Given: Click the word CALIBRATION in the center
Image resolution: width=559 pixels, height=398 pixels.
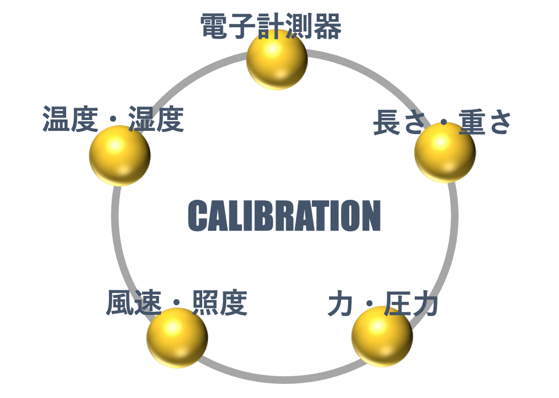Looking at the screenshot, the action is tap(284, 216).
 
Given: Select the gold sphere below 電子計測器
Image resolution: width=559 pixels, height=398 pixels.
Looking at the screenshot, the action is tap(277, 59).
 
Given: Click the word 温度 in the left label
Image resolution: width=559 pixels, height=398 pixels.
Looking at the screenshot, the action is tap(70, 119).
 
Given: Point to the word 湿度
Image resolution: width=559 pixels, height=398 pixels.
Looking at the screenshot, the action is tap(156, 119).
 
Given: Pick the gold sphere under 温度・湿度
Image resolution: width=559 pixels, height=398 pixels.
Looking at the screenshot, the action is tap(120, 156).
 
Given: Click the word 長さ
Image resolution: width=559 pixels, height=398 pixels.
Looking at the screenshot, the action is tap(399, 122).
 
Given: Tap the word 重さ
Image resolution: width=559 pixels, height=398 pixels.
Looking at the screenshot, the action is tap(485, 122).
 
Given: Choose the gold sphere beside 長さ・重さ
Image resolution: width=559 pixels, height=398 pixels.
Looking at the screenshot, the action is tap(445, 153).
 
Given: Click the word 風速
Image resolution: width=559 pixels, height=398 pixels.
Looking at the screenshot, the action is tap(134, 302).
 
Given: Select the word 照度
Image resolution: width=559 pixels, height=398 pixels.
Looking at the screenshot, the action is tap(220, 302).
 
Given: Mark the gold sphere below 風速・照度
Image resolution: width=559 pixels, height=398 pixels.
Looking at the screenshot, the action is tap(177, 338).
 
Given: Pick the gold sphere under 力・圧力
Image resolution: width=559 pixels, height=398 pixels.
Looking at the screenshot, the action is tap(382, 336).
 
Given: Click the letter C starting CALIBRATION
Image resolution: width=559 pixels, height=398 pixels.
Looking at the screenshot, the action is tap(197, 216).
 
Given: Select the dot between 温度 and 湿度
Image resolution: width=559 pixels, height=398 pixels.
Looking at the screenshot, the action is tap(113, 118).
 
